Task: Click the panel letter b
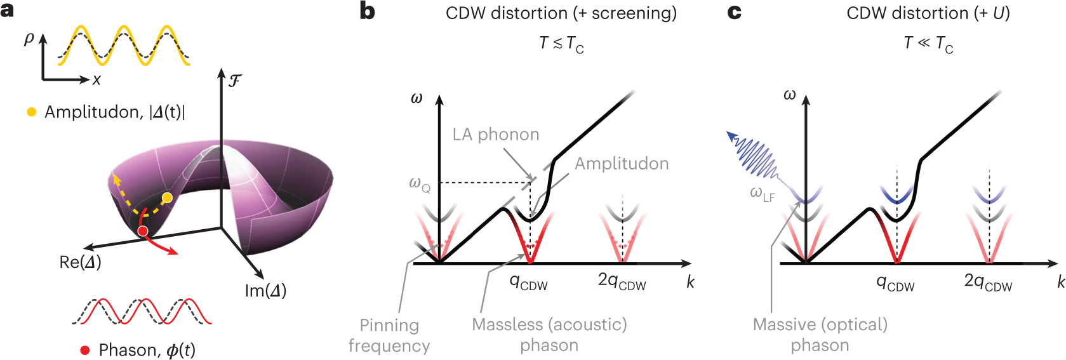click(x=367, y=11)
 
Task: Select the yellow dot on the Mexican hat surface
click(x=167, y=198)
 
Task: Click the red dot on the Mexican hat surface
click(x=143, y=231)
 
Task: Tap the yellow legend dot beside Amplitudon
click(x=31, y=112)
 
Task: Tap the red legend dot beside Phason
click(x=85, y=350)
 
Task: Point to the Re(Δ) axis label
click(x=80, y=262)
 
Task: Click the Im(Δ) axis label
click(x=265, y=291)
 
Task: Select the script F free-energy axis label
click(x=234, y=81)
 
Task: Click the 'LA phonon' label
click(x=496, y=135)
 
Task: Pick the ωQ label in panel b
click(x=419, y=184)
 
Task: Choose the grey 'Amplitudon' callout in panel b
click(x=622, y=164)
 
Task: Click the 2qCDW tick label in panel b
click(x=622, y=281)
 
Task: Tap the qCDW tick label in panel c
click(x=895, y=283)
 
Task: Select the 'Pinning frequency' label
click(x=389, y=335)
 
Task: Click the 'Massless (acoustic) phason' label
click(x=549, y=335)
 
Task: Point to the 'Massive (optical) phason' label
click(x=820, y=335)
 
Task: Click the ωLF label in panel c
click(x=762, y=193)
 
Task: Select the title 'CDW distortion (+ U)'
click(x=928, y=13)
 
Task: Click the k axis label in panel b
click(x=691, y=282)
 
